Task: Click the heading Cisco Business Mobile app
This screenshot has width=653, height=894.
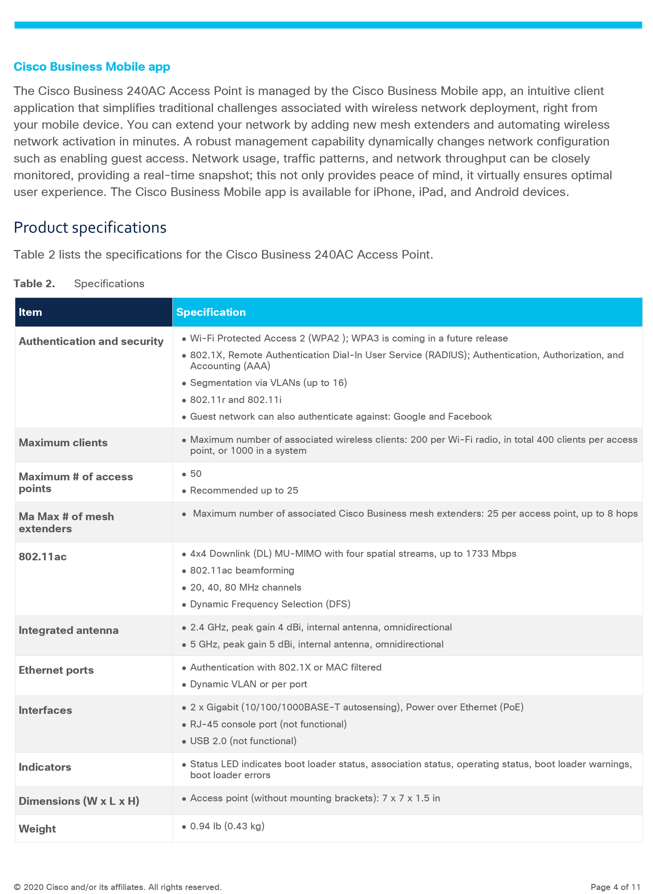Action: coord(92,67)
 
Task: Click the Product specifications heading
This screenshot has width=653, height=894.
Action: coord(90,228)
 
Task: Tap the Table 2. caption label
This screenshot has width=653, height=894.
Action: coord(34,283)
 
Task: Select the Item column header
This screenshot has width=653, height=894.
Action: coord(30,312)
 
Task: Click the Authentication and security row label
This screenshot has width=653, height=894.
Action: coord(91,341)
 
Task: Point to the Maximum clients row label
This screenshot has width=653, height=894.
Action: coord(63,443)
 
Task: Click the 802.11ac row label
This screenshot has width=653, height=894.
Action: coord(43,557)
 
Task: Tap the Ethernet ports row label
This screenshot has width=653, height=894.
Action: coord(56,670)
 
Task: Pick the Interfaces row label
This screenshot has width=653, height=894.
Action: coord(46,710)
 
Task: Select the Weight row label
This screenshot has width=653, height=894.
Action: coord(37,829)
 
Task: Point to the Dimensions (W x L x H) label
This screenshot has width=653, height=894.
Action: coord(79,801)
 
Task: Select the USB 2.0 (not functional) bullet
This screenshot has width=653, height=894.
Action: coord(243,741)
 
